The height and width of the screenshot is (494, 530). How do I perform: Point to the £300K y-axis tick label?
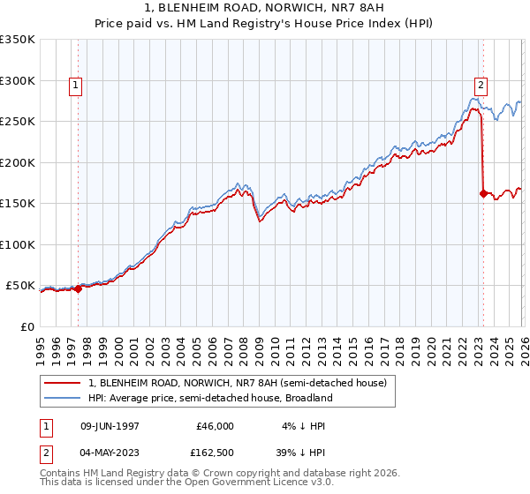click(x=18, y=80)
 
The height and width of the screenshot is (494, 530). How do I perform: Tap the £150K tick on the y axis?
click(x=18, y=204)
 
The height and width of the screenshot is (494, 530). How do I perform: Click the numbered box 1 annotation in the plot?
click(x=76, y=86)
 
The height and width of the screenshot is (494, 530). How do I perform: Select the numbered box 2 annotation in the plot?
click(x=481, y=86)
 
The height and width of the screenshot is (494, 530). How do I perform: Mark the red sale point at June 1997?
click(x=78, y=288)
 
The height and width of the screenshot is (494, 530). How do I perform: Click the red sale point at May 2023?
click(x=483, y=193)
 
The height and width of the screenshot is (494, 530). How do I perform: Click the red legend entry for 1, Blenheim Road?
click(x=237, y=384)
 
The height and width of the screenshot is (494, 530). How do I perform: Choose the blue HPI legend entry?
click(x=210, y=398)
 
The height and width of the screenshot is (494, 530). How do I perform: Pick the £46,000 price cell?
click(x=215, y=425)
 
